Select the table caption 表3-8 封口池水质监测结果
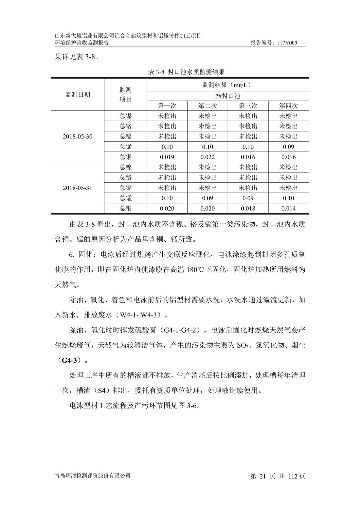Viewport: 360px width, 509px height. (x=186, y=72)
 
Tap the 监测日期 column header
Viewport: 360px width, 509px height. (x=78, y=95)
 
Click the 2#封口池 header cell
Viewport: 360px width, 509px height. (x=228, y=96)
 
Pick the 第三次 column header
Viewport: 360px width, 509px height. (x=248, y=106)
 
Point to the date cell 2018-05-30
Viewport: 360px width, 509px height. (x=78, y=136)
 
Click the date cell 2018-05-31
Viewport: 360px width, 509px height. (x=78, y=188)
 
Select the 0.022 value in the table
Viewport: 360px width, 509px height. (x=207, y=157)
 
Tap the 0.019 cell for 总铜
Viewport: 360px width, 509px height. (x=167, y=157)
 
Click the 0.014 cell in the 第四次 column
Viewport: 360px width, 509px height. (x=288, y=209)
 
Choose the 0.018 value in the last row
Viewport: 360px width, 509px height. (x=248, y=209)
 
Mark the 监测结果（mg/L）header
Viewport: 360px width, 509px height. (x=228, y=85)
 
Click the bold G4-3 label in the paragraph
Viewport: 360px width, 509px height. (x=69, y=360)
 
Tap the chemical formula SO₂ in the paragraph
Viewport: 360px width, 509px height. (x=244, y=345)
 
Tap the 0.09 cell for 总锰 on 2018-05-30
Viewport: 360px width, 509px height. (x=288, y=147)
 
